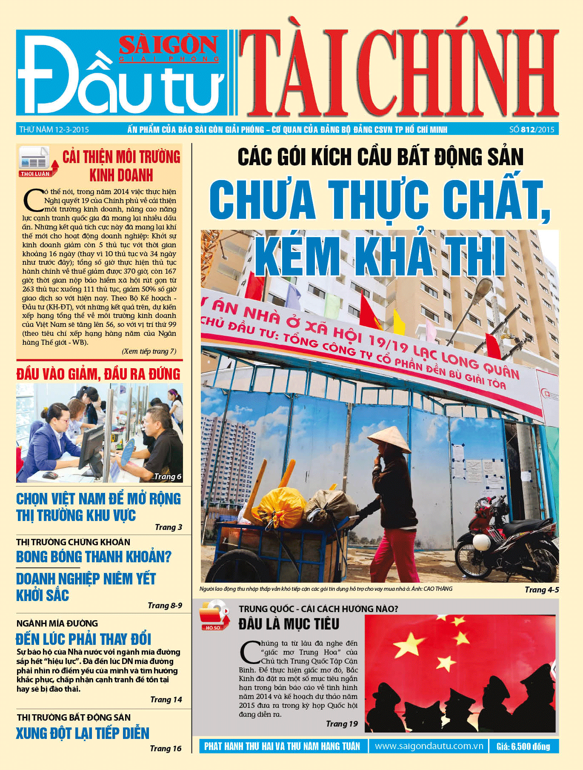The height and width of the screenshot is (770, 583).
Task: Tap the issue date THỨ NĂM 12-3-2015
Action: (x=54, y=129)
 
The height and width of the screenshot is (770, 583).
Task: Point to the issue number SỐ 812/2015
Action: (x=532, y=129)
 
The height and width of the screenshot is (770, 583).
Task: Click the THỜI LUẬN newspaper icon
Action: (x=36, y=161)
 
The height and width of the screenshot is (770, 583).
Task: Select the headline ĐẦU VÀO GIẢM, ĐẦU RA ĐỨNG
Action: (x=98, y=374)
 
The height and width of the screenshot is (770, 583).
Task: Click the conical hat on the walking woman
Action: (x=389, y=439)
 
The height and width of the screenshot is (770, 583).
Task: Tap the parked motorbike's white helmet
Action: (x=482, y=541)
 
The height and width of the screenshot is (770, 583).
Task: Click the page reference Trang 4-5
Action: (x=541, y=590)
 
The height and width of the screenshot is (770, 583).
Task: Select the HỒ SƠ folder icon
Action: (x=214, y=615)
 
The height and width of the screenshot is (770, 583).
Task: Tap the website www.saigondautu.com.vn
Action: (x=429, y=746)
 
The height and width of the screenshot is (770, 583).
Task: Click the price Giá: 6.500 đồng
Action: (x=523, y=746)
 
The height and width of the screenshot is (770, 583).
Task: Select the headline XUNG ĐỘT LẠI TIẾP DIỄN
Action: (x=83, y=733)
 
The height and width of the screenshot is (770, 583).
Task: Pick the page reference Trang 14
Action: (x=166, y=699)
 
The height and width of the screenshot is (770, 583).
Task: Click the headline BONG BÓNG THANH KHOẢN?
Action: (x=94, y=556)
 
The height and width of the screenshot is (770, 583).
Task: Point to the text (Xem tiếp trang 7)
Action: (x=149, y=351)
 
